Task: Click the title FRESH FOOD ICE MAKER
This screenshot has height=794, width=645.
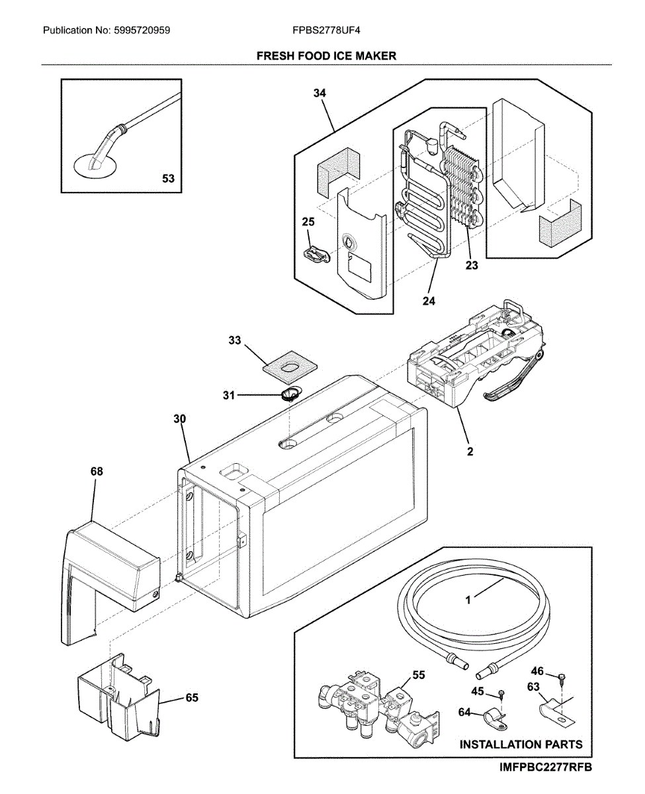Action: (x=326, y=56)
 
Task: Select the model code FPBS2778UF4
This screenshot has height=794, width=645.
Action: (x=326, y=30)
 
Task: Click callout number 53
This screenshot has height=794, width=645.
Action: (x=169, y=178)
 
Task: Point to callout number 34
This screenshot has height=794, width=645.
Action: (x=320, y=93)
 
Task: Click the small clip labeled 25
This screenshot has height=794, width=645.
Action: (x=318, y=254)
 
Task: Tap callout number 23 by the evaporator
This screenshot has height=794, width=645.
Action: (x=470, y=267)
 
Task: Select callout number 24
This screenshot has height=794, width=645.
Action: (x=429, y=300)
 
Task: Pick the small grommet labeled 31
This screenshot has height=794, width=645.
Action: (x=289, y=395)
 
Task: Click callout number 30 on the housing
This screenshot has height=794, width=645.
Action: (x=180, y=419)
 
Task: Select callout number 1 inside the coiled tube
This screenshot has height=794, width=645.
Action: (x=468, y=601)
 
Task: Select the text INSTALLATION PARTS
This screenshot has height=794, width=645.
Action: (x=521, y=744)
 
